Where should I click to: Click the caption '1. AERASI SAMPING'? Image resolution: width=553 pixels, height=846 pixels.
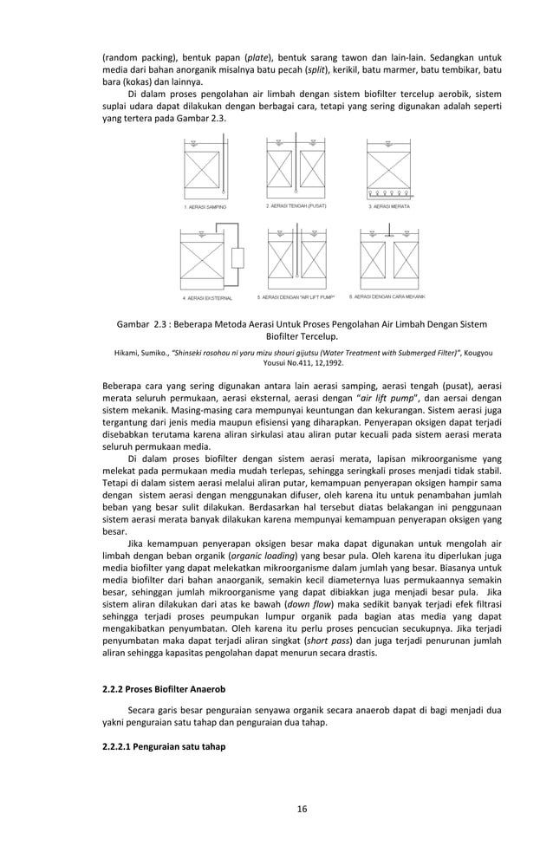click(x=205, y=207)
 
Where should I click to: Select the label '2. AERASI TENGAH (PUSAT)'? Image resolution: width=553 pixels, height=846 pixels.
click(x=296, y=207)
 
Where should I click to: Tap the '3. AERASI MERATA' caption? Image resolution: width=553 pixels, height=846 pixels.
click(x=389, y=207)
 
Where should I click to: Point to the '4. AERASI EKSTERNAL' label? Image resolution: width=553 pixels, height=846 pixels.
click(x=207, y=297)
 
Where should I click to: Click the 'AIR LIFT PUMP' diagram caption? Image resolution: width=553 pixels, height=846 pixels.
click(x=296, y=297)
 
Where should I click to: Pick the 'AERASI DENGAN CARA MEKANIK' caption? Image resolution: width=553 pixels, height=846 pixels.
click(x=393, y=296)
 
